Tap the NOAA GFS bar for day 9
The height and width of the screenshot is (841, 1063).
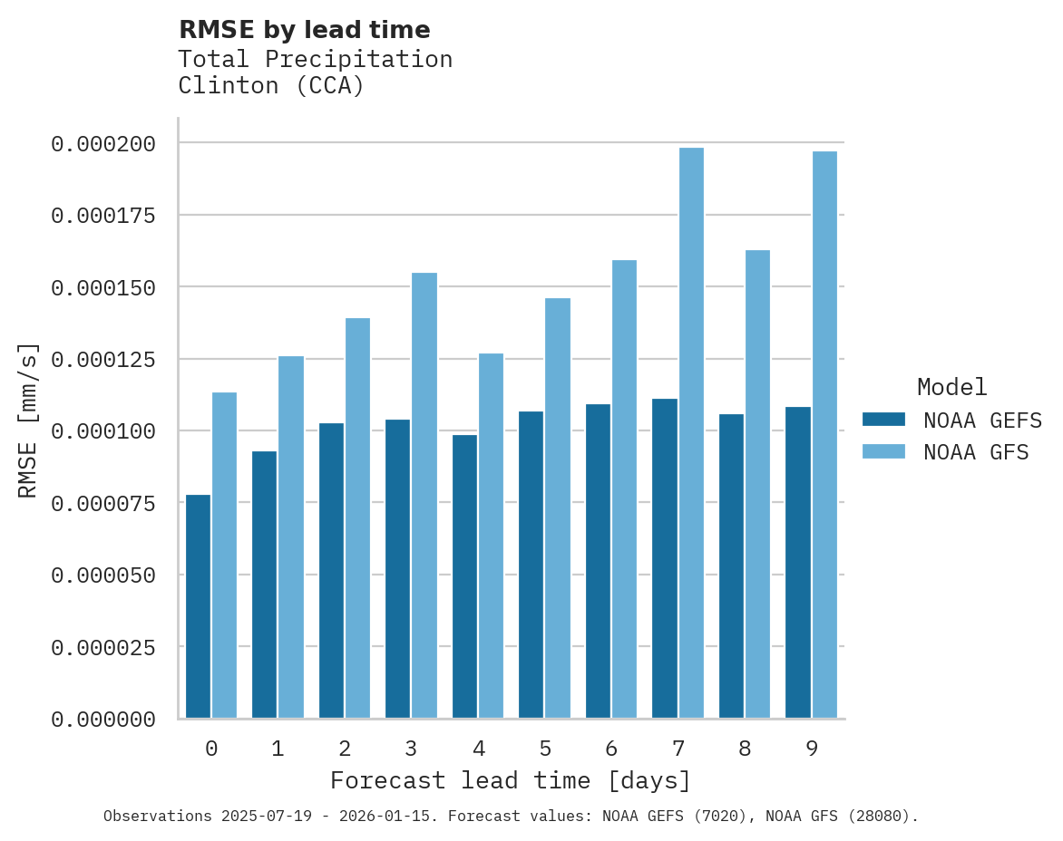click(824, 434)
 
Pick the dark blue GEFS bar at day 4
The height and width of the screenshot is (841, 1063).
click(464, 575)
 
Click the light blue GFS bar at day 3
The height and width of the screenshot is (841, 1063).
click(424, 495)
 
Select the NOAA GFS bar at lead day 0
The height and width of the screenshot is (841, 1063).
click(224, 555)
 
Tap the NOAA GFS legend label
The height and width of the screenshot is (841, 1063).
click(976, 451)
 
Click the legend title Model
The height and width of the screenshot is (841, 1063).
click(951, 387)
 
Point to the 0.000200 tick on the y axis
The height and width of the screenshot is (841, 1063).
click(103, 143)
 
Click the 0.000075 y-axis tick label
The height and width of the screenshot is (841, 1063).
click(103, 503)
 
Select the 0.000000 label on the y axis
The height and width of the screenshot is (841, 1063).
click(103, 720)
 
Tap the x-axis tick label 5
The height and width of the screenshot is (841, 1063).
click(545, 749)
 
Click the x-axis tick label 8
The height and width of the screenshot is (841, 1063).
click(745, 749)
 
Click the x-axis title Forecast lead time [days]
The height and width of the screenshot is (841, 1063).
click(511, 780)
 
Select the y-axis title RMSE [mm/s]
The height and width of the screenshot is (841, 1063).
click(28, 420)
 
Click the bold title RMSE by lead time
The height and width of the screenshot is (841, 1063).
click(304, 30)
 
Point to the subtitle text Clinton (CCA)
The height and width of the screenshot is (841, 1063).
click(270, 86)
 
